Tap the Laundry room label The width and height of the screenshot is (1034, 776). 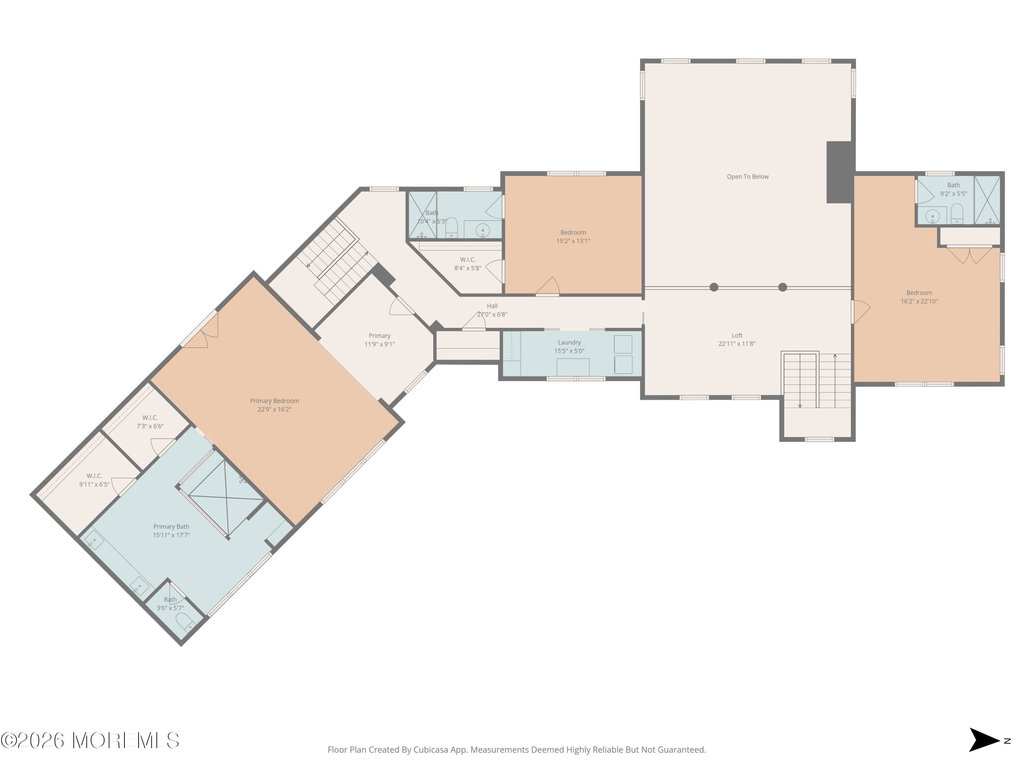point(569,342)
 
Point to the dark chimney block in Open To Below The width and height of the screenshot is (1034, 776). point(840,172)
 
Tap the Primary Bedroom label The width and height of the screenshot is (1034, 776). point(274,401)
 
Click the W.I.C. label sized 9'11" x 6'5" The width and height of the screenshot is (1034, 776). point(94,480)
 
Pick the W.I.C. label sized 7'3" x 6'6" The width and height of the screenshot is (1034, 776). point(150,422)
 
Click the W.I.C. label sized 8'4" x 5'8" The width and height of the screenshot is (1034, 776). point(467,264)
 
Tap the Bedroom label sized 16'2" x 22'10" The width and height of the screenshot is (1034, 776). point(919,297)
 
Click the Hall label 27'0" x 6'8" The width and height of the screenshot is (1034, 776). point(492,310)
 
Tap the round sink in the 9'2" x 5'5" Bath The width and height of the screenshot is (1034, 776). point(932,217)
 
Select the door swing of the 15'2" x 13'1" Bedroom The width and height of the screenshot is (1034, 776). point(549,286)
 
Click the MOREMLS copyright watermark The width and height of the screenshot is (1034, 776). point(90,740)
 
